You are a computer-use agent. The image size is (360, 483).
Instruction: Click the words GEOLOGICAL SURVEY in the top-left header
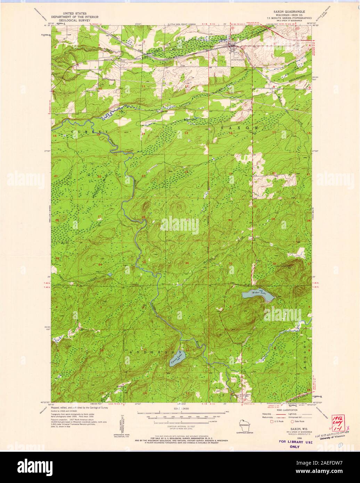pos(75,20)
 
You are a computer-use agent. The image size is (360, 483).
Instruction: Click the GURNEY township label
pos(87,132)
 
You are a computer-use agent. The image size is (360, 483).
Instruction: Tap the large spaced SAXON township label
pos(239,128)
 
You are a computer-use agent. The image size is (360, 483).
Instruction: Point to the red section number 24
pos(187,172)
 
